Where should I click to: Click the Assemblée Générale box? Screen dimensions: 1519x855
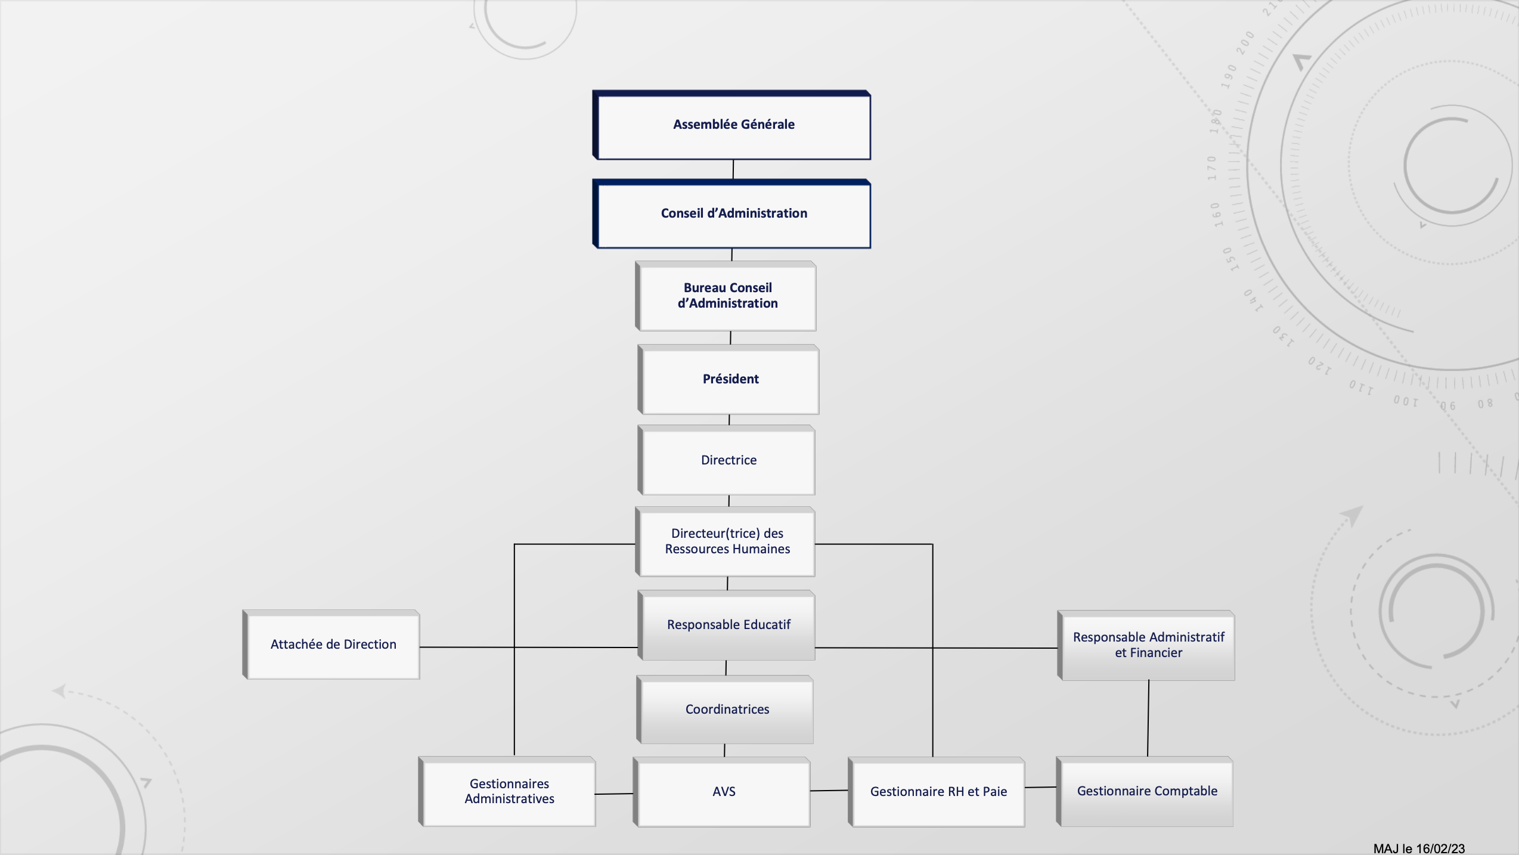point(731,125)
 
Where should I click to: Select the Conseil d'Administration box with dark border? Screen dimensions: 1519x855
point(731,213)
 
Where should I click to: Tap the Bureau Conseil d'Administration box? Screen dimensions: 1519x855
point(726,296)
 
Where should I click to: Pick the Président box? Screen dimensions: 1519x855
point(728,379)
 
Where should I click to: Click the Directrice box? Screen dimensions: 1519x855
point(726,460)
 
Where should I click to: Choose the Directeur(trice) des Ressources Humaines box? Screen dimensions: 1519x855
point(725,542)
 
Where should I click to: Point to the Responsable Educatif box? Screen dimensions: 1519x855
point(726,625)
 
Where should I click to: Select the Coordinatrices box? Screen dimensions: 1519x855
point(725,710)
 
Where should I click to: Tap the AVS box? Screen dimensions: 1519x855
point(721,792)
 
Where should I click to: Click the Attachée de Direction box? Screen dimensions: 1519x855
point(331,645)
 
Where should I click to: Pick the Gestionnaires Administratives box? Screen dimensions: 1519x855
point(507,792)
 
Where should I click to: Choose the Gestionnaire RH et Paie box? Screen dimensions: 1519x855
point(936,792)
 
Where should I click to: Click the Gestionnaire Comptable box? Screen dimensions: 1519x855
point(1145,792)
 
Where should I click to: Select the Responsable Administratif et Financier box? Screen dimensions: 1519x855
point(1146,645)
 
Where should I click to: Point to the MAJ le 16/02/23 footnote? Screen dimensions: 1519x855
point(1419,848)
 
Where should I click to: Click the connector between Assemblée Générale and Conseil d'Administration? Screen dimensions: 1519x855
point(733,169)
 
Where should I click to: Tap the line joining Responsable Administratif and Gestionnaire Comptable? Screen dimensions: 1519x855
point(1148,718)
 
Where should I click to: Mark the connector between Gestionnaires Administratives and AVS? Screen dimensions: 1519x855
point(614,794)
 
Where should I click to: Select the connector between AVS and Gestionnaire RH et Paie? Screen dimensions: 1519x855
point(829,791)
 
